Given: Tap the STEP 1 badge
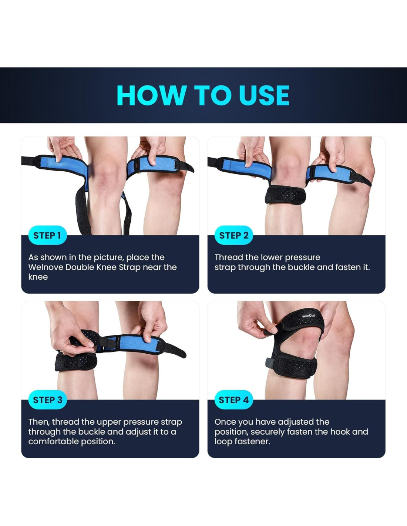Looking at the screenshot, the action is pyautogui.click(x=47, y=235).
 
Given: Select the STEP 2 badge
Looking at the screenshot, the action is pyautogui.click(x=233, y=235).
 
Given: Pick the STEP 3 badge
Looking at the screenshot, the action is pyautogui.click(x=47, y=400).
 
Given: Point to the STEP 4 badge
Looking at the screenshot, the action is pyautogui.click(x=233, y=400).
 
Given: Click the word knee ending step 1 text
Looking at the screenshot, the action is pyautogui.click(x=38, y=277).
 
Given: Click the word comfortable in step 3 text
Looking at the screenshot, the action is pyautogui.click(x=54, y=442).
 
